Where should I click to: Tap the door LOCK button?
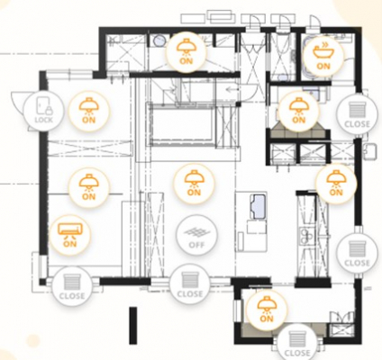click(44, 111)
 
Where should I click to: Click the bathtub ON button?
click(323, 57)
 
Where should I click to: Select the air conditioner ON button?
click(70, 235)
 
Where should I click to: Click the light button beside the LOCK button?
click(89, 111)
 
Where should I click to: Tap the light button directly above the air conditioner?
click(88, 188)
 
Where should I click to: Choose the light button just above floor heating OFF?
click(194, 184)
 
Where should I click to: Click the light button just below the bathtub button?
click(298, 111)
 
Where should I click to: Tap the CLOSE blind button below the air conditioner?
click(72, 287)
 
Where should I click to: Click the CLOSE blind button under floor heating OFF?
click(189, 284)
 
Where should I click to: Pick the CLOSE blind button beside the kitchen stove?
click(357, 254)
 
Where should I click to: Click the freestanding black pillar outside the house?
click(133, 326)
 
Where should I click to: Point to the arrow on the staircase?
click(232, 89)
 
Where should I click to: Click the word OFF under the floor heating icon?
click(196, 245)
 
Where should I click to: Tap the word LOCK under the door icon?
click(44, 120)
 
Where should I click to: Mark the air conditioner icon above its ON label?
click(70, 230)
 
